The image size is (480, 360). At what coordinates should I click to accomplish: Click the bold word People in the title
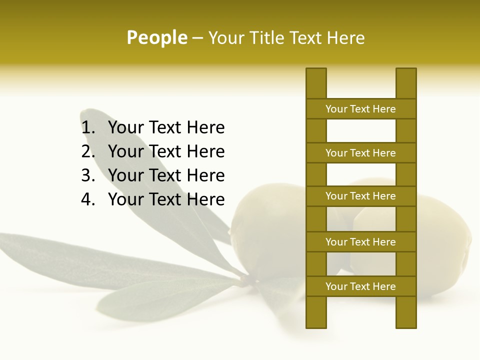[156, 37]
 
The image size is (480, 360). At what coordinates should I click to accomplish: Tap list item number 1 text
[166, 127]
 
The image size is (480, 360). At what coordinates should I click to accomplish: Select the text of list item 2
[166, 151]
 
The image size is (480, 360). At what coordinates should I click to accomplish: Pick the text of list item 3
[166, 175]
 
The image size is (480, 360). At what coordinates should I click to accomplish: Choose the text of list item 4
[166, 199]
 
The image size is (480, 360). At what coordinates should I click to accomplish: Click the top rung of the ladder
[360, 109]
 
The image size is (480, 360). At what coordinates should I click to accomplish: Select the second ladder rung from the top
[360, 153]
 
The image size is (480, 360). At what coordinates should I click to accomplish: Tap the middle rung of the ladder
[360, 196]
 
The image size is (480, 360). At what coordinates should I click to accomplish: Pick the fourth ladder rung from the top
[360, 242]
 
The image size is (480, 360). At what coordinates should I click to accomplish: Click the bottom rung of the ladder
[360, 286]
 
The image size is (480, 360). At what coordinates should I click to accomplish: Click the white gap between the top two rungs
[361, 131]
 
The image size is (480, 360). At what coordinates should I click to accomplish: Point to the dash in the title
[197, 38]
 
